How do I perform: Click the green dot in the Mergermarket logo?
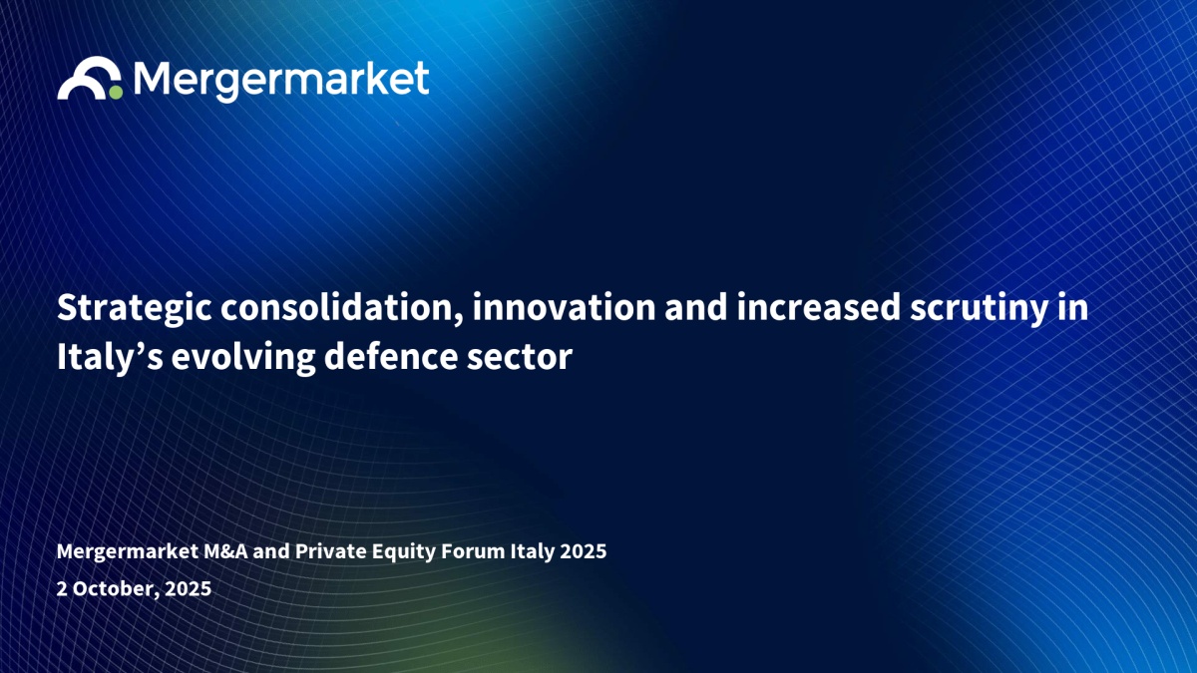(116, 92)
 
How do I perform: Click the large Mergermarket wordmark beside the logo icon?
(281, 81)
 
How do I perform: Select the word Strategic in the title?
(134, 309)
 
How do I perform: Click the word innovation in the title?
(564, 308)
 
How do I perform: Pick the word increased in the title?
(819, 308)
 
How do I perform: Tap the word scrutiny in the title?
(979, 310)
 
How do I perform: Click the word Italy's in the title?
(110, 358)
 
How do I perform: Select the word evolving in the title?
(243, 358)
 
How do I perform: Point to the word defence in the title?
(391, 357)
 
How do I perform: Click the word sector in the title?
(520, 358)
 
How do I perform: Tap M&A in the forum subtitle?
(226, 551)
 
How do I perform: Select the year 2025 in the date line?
(189, 589)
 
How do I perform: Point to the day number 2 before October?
(62, 589)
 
